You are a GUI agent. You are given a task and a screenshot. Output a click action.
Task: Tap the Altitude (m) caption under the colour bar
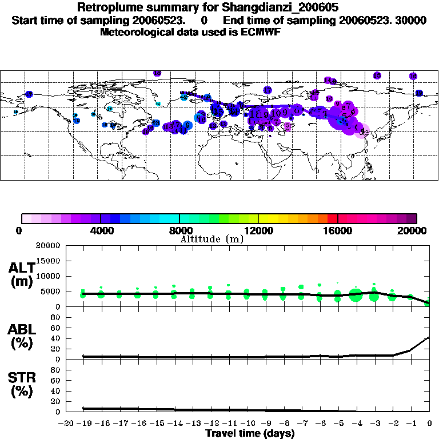coord(211,239)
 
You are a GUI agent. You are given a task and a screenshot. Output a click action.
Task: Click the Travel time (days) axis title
coord(250,434)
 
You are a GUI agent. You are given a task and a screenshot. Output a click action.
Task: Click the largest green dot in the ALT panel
coord(356,295)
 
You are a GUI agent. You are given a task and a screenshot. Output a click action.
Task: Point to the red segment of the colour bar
coord(333,218)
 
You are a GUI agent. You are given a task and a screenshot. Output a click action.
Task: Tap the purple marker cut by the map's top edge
coord(157,73)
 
